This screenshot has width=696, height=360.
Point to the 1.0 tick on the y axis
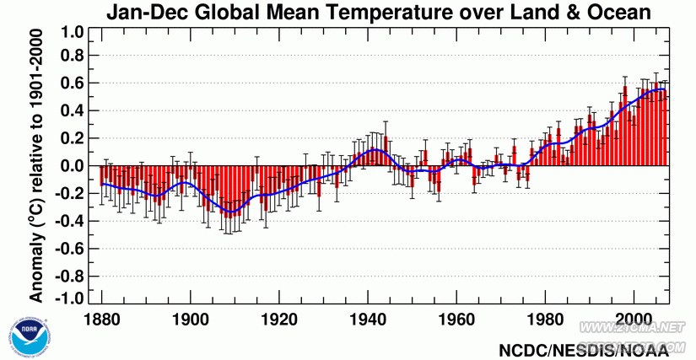click(x=73, y=33)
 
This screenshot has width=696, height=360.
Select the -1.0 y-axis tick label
click(x=70, y=298)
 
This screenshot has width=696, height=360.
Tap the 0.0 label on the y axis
click(x=73, y=166)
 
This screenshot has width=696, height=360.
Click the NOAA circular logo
click(x=25, y=337)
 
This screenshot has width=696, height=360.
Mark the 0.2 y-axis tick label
click(x=73, y=138)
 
